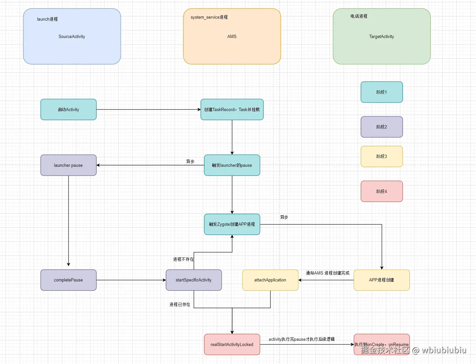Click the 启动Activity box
click(68, 109)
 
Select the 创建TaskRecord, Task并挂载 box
click(232, 109)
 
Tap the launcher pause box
click(68, 165)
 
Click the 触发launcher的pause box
click(232, 165)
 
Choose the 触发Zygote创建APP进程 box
click(232, 224)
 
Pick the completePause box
click(68, 280)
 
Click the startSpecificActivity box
click(194, 280)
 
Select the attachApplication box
click(270, 280)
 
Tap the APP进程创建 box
click(382, 280)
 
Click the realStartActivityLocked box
click(232, 344)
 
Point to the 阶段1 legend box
click(382, 92)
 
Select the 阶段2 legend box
click(382, 127)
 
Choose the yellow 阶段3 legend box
click(382, 156)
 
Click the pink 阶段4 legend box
click(382, 191)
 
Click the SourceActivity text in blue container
click(72, 36)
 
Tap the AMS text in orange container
click(232, 36)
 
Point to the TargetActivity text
click(382, 36)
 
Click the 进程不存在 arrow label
click(183, 259)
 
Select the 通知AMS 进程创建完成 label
click(328, 273)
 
